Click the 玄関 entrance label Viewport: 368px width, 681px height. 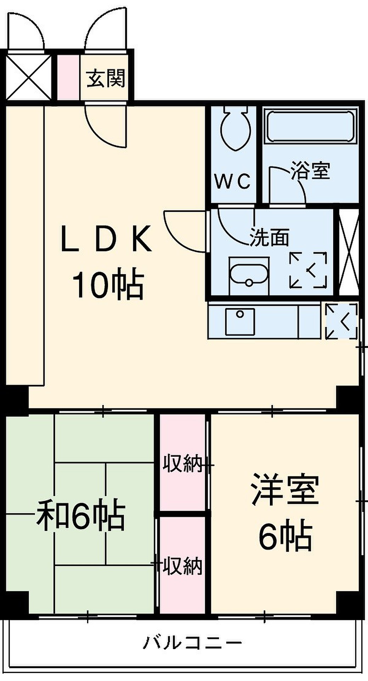106,78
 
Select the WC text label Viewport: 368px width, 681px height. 233,182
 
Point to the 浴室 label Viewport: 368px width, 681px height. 311,171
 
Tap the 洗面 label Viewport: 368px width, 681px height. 270,237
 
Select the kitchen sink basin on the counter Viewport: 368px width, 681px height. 240,321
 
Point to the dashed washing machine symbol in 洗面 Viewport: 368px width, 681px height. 308,270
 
